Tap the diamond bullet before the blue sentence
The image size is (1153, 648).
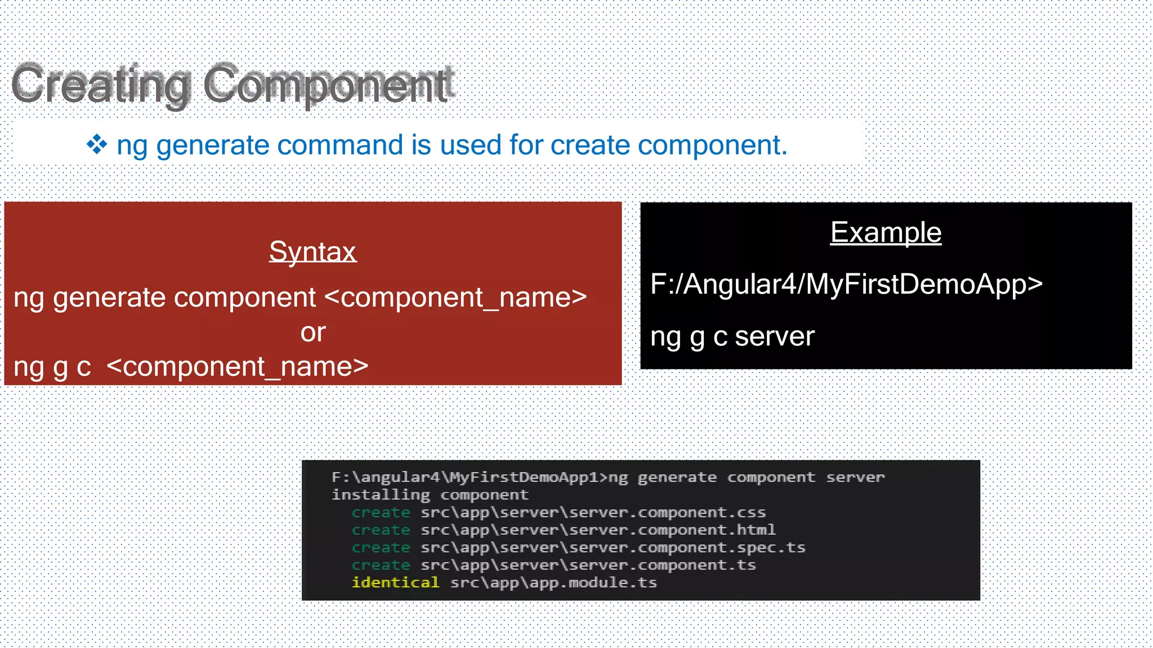click(97, 145)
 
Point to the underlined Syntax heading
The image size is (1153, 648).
click(312, 251)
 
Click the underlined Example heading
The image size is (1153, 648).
click(886, 232)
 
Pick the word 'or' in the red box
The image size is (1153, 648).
click(312, 332)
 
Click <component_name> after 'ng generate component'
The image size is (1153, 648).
click(456, 298)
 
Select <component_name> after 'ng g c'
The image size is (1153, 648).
click(237, 367)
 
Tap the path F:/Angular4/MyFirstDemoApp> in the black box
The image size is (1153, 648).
click(846, 284)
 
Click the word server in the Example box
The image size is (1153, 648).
click(775, 336)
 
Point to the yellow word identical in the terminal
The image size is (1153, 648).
click(395, 582)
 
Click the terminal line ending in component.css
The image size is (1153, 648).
click(593, 512)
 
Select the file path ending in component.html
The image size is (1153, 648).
click(598, 530)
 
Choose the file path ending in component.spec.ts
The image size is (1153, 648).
click(613, 547)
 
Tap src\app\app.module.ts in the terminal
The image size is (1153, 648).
click(553, 582)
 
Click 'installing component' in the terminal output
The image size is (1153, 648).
click(430, 495)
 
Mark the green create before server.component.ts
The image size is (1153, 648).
click(381, 565)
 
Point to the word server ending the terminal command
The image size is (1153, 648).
click(855, 478)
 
